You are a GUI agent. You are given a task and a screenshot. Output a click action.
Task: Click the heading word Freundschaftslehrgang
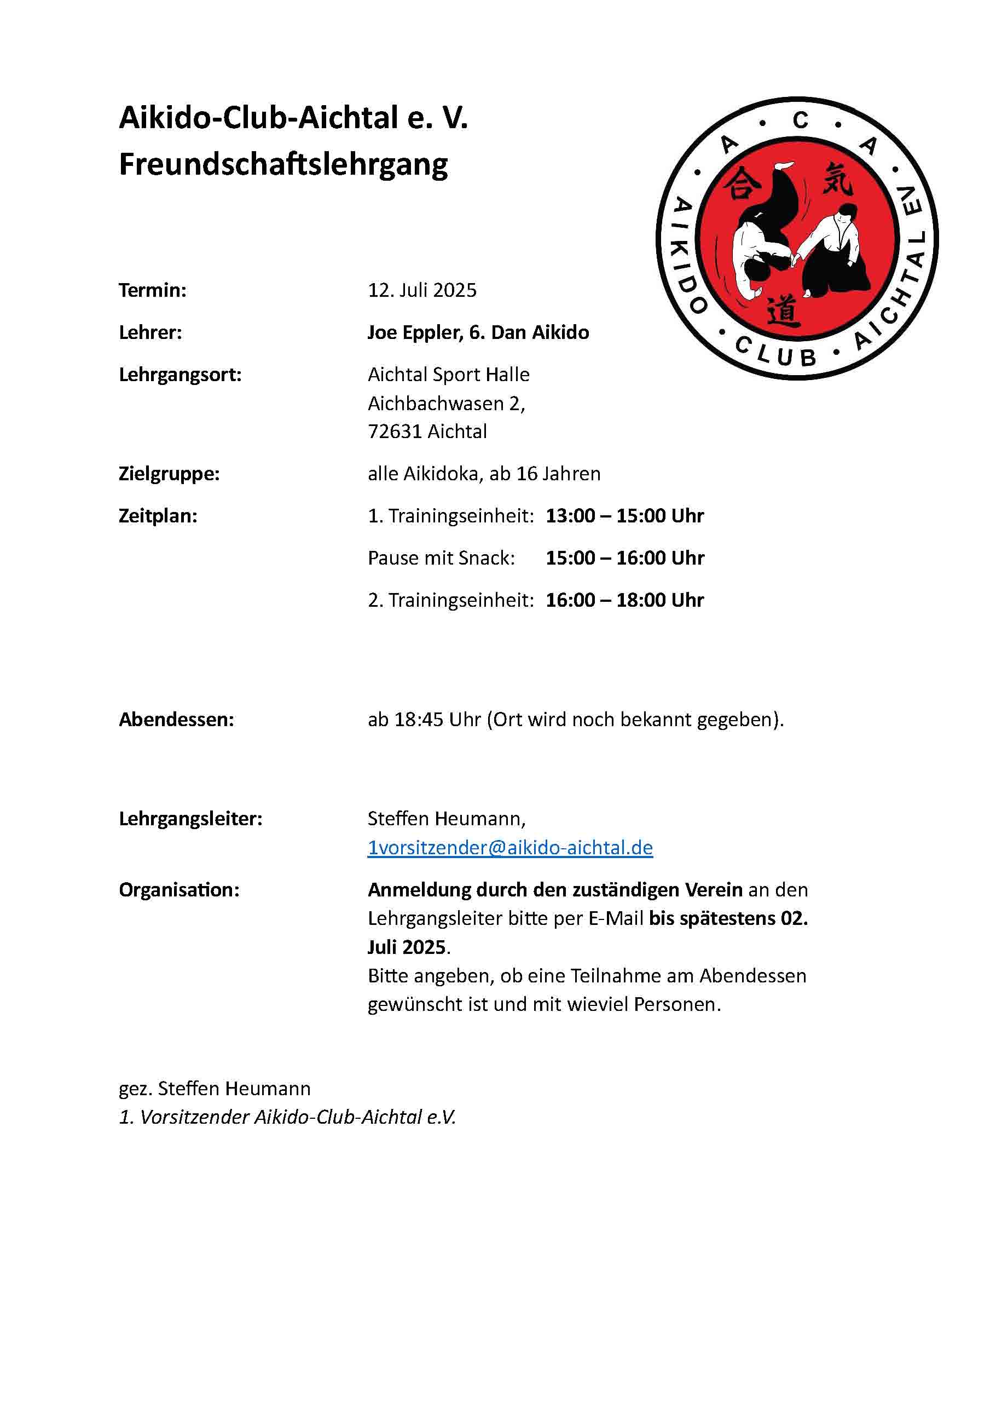(x=283, y=165)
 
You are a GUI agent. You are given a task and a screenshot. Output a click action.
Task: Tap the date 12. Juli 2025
(x=422, y=290)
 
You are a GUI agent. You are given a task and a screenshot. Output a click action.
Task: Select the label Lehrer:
(x=150, y=332)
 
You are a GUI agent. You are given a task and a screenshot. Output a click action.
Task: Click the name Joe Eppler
(x=415, y=332)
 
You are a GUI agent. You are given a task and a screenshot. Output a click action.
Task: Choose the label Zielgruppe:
(x=169, y=474)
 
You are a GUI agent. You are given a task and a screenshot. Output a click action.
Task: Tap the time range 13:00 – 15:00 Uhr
(x=624, y=515)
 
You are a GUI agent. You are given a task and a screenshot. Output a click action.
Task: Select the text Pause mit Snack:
(x=441, y=558)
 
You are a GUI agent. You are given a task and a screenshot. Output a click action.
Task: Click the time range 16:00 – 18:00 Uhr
(x=624, y=600)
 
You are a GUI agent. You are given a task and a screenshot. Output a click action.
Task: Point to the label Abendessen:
(x=177, y=719)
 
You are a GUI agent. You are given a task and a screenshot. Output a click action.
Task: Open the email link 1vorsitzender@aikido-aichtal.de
(x=509, y=848)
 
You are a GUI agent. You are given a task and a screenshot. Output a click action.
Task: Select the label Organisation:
(x=179, y=890)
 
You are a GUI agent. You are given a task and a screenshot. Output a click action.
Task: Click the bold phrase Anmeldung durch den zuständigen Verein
(x=555, y=890)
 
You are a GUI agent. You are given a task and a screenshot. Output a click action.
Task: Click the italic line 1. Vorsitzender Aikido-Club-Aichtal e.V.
(x=287, y=1117)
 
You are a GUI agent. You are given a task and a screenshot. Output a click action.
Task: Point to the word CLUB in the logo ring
(x=776, y=352)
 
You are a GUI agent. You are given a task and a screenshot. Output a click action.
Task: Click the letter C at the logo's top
(x=800, y=120)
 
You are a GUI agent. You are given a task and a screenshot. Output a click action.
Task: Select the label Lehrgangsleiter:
(x=190, y=819)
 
